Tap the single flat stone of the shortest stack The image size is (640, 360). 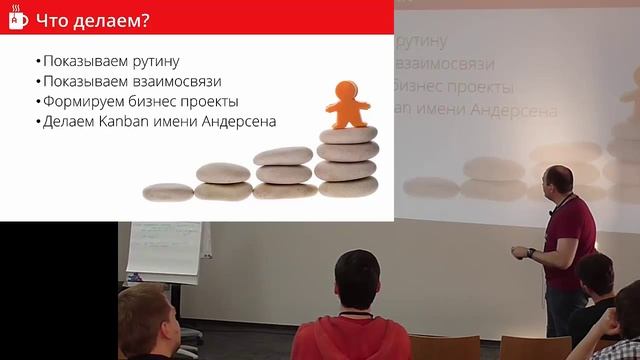tap(168, 189)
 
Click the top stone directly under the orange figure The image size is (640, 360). tap(346, 134)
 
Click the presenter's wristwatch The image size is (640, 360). tap(532, 253)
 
